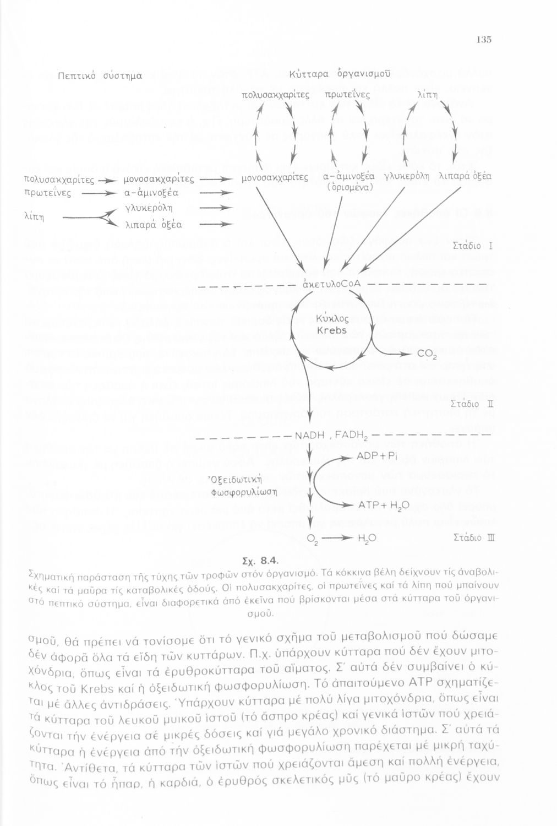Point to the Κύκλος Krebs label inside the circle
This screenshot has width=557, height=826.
pos(332,325)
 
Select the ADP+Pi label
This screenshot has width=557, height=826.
pos(377,456)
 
